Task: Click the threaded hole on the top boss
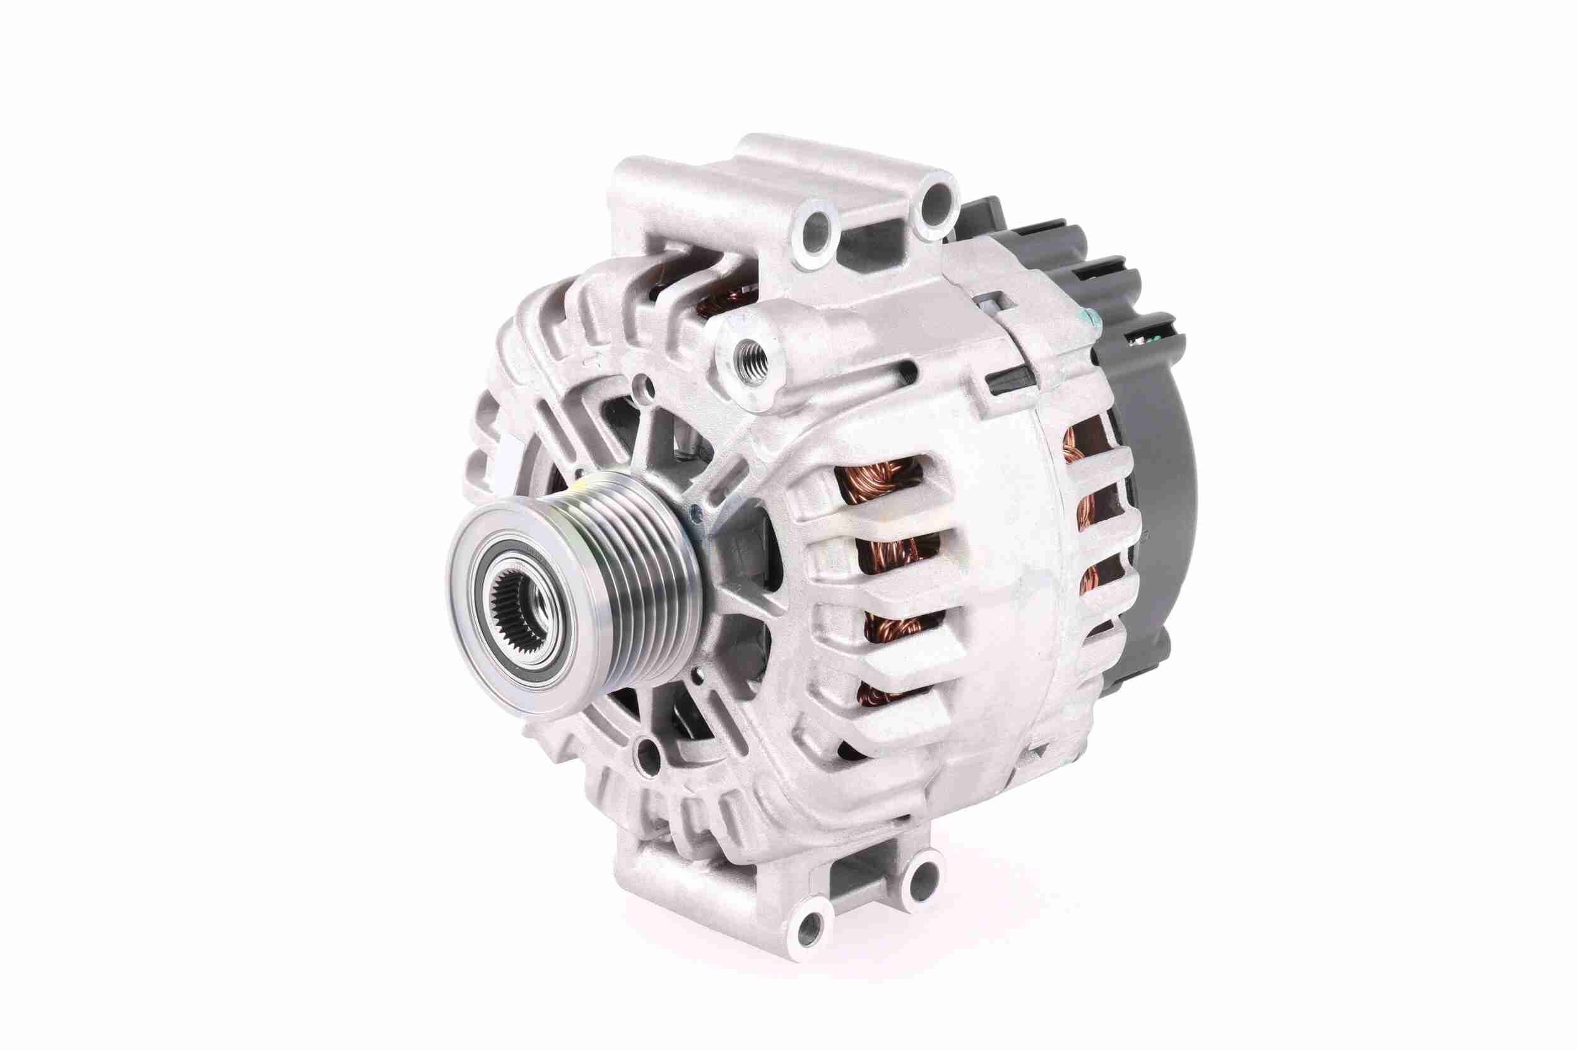[752, 361]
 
